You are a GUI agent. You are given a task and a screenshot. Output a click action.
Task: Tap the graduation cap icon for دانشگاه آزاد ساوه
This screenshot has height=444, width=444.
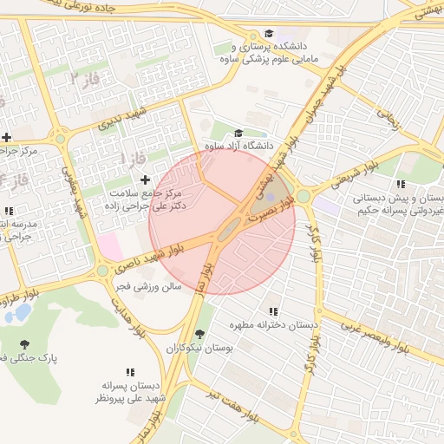coord(238,134)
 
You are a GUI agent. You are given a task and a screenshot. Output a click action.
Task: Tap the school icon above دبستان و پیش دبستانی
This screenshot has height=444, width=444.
coord(400,184)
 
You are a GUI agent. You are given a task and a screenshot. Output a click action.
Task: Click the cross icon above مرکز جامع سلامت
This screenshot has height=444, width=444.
coord(144,178)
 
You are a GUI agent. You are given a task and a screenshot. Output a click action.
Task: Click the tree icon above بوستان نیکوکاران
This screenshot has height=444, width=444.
coord(200,335)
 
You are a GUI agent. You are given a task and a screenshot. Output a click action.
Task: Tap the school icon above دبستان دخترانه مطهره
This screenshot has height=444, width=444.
coord(273,311)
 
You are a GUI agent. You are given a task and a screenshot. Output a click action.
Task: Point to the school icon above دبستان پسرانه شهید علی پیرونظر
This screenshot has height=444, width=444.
coord(134,371)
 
